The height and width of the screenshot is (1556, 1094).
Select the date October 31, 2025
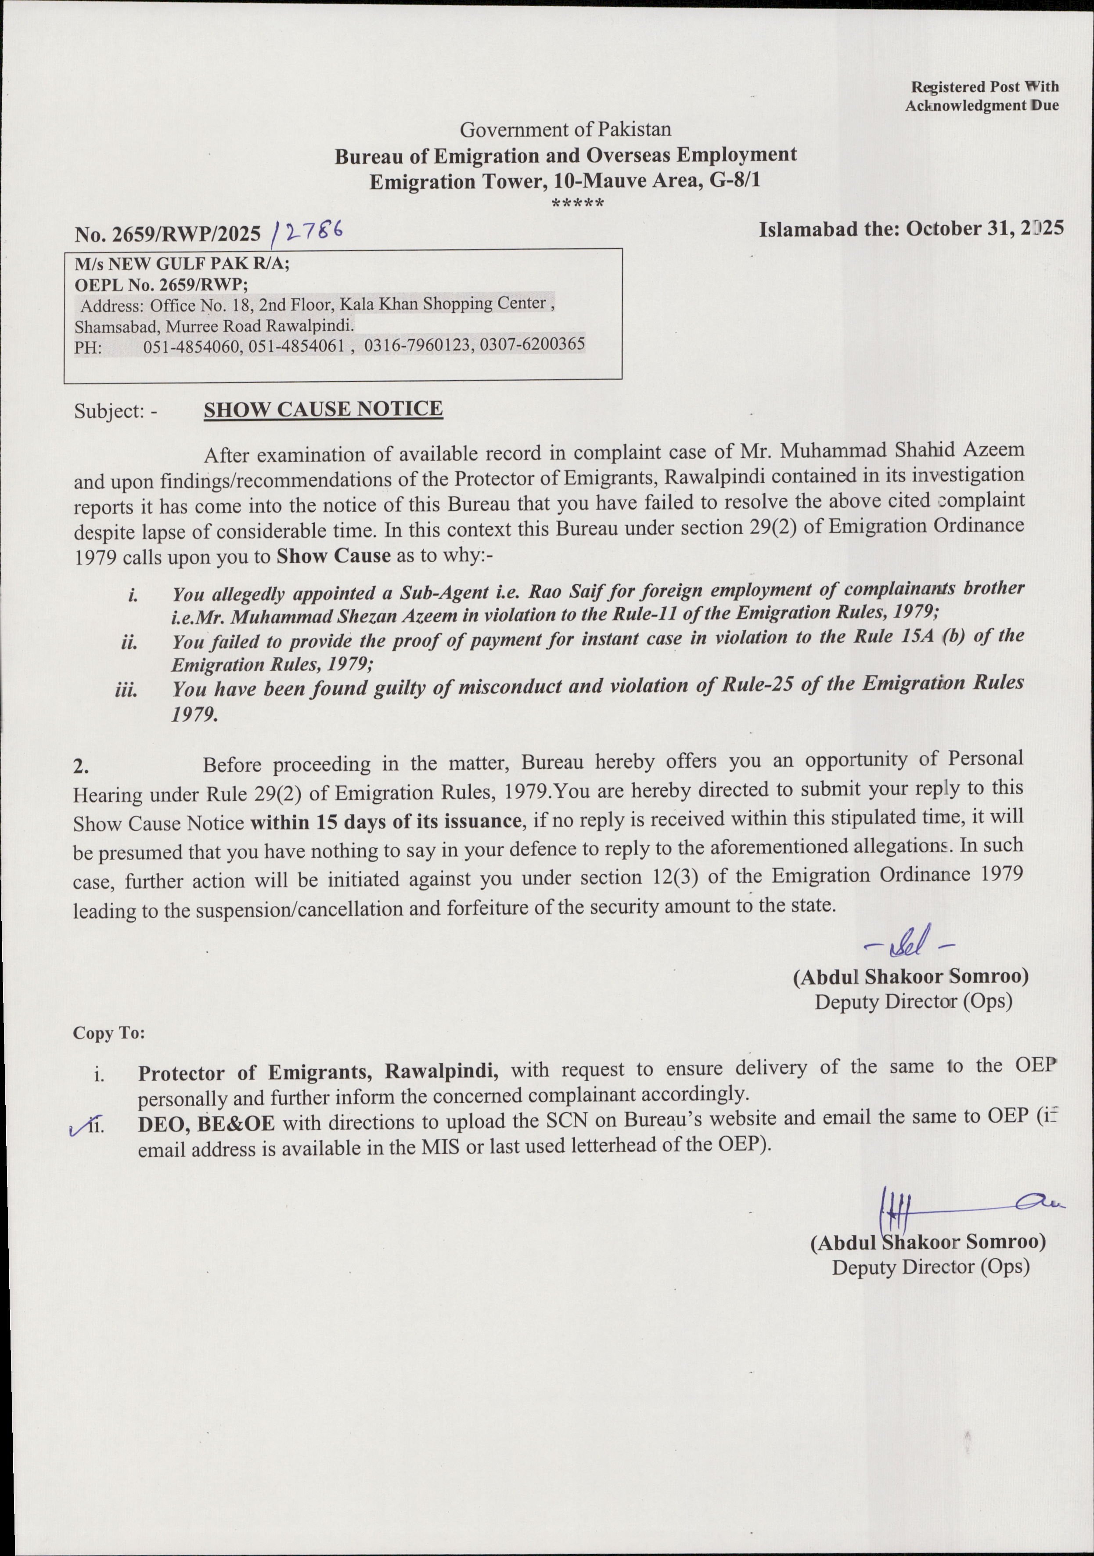pos(984,228)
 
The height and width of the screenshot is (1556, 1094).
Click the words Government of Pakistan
pos(565,129)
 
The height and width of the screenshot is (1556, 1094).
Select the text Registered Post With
pos(984,87)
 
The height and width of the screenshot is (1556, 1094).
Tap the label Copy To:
pos(108,1034)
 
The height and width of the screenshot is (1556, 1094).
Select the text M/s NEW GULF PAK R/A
pos(182,263)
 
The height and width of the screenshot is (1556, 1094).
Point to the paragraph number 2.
pos(81,767)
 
